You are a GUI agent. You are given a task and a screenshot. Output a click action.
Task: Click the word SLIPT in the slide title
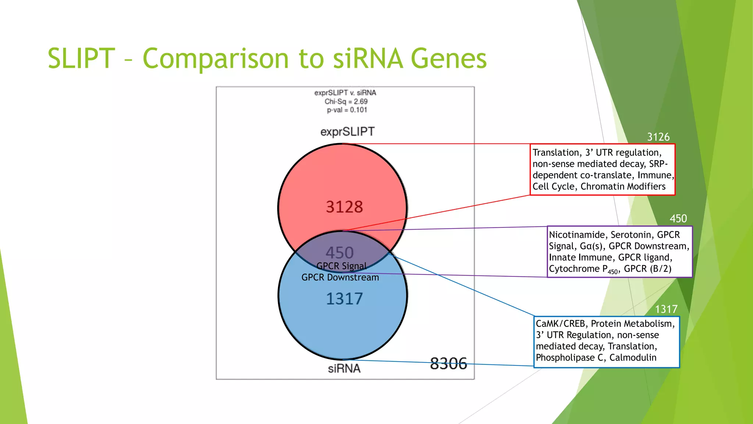click(81, 59)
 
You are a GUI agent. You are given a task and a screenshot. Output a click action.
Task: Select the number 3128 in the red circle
click(345, 207)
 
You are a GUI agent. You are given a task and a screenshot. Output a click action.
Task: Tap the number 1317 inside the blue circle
click(345, 298)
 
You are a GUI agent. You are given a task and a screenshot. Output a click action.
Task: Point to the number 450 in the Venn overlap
click(340, 252)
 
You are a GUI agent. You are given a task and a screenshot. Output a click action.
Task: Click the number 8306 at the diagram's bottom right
click(448, 364)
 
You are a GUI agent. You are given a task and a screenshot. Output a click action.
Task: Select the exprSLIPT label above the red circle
click(347, 131)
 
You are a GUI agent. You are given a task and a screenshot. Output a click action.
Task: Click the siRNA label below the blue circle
click(344, 368)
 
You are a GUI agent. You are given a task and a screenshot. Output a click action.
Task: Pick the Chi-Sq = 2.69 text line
click(346, 101)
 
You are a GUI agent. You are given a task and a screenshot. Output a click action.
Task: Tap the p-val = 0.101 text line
click(347, 110)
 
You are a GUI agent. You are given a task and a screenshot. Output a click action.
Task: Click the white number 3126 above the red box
click(658, 137)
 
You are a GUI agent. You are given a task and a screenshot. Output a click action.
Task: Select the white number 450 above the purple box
click(678, 219)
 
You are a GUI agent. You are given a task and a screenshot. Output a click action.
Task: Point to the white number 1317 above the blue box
click(666, 309)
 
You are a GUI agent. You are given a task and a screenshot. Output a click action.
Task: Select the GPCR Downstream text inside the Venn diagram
click(340, 278)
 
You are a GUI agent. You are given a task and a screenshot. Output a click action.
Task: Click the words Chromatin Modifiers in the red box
click(623, 187)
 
